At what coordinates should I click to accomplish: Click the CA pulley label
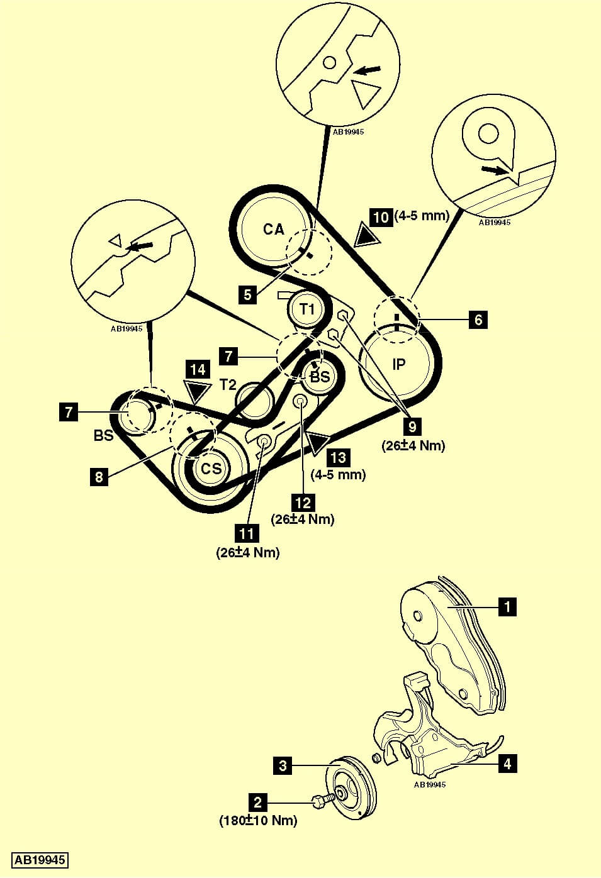tap(274, 230)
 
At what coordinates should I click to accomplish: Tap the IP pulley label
tap(399, 364)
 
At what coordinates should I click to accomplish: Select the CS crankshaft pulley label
tap(211, 469)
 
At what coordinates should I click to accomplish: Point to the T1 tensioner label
tap(307, 309)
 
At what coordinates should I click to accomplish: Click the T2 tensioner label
tap(228, 384)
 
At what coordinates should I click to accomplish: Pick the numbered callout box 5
tap(248, 294)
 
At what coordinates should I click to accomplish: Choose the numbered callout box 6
tap(478, 320)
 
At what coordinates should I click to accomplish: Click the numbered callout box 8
tap(99, 477)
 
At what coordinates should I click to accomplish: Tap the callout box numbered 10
tap(381, 217)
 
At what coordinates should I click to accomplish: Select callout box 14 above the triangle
tap(198, 369)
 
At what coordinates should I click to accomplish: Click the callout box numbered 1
tap(507, 607)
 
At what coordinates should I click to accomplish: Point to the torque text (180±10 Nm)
tap(258, 821)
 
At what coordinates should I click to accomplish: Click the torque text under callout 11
tap(247, 553)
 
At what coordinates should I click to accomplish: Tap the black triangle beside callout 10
tap(366, 235)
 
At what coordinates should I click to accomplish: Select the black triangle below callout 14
tap(198, 391)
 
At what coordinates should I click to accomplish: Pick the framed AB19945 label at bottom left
tap(40, 860)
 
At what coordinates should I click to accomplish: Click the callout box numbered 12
tap(303, 503)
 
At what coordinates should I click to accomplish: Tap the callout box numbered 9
tap(412, 426)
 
